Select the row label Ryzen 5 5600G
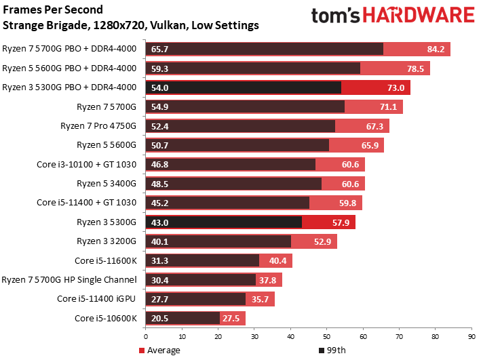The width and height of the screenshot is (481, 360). [107, 144]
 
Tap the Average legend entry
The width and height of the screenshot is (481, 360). [159, 350]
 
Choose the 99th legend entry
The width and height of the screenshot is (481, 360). [333, 350]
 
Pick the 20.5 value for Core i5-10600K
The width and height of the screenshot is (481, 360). [161, 318]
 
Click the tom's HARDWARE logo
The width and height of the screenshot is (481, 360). [392, 17]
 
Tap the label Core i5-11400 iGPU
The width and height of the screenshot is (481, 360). [97, 299]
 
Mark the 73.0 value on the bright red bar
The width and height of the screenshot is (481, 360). [396, 87]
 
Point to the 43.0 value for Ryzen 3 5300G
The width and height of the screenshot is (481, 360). [161, 222]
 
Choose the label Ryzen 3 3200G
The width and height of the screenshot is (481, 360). [107, 241]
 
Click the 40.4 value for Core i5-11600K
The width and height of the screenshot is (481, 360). [278, 260]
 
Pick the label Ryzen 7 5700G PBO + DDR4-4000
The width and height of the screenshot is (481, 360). [69, 49]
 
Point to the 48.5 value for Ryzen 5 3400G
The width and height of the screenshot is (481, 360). [161, 183]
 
